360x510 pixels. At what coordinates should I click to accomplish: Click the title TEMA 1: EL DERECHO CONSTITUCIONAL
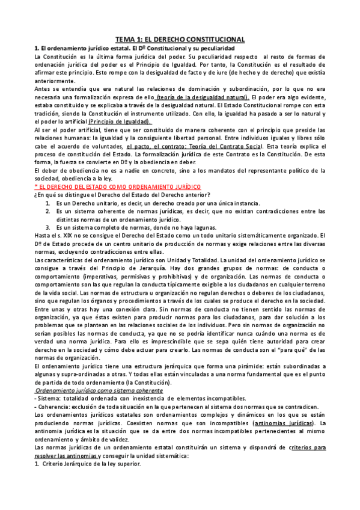pos(180,37)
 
